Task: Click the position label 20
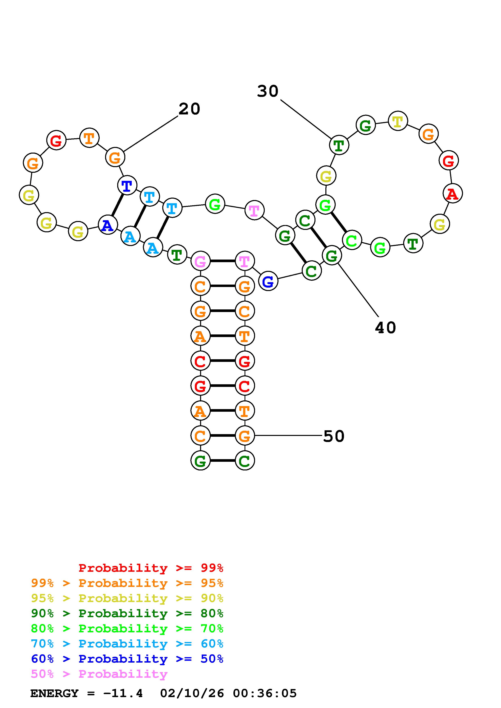pyautogui.click(x=189, y=109)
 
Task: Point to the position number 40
pyautogui.click(x=385, y=328)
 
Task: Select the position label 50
pyautogui.click(x=333, y=436)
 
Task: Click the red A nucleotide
pyautogui.click(x=452, y=194)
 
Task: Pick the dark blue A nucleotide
pyautogui.click(x=108, y=226)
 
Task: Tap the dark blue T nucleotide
pyautogui.click(x=127, y=186)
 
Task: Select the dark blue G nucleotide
pyautogui.click(x=268, y=281)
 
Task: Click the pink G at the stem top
pyautogui.click(x=200, y=262)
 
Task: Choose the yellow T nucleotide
pyautogui.click(x=398, y=121)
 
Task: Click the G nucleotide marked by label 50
pyautogui.click(x=245, y=436)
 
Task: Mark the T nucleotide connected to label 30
pyautogui.click(x=339, y=146)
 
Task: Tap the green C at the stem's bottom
pyautogui.click(x=245, y=461)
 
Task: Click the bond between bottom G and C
pyautogui.click(x=222, y=461)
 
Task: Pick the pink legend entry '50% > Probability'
pyautogui.click(x=99, y=674)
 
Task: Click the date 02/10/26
pyautogui.click(x=192, y=693)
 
